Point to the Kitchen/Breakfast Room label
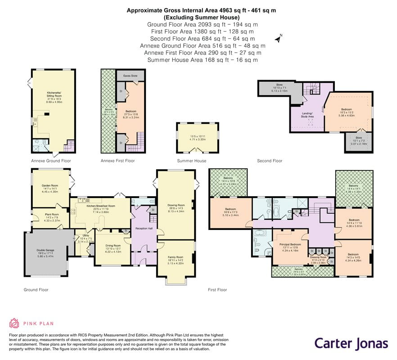click(98, 205)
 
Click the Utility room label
click(86, 235)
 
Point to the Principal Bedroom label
click(286, 244)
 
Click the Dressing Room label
click(318, 257)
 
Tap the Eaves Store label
click(131, 76)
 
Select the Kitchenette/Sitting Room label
click(53, 94)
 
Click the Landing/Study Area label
click(307, 115)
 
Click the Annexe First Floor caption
click(117, 161)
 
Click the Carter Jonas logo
click(351, 343)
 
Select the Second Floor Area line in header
click(198, 39)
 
